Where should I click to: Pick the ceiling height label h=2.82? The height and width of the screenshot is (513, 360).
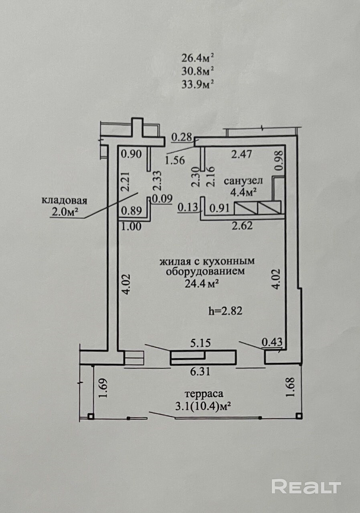coord(226,311)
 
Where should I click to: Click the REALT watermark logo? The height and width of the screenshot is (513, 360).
coord(306,487)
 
